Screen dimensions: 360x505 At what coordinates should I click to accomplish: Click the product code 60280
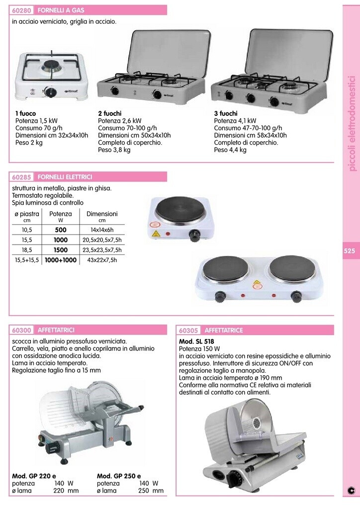(x=21, y=10)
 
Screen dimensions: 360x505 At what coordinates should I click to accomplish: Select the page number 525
(x=350, y=251)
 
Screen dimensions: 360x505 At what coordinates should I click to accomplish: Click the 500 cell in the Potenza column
(x=61, y=230)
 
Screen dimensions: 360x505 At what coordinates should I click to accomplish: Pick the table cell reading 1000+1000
(x=61, y=260)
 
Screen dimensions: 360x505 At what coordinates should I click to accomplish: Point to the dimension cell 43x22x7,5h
(x=102, y=260)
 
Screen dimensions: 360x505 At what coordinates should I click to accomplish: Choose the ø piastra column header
(x=27, y=214)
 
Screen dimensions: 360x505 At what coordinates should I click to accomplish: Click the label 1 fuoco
(x=25, y=113)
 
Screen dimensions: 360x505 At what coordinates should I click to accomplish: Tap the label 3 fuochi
(x=226, y=113)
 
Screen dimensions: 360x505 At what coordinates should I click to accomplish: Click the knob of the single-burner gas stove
(x=50, y=92)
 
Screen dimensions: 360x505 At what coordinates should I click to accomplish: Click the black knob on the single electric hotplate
(x=194, y=235)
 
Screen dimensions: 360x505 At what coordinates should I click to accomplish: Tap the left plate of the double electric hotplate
(x=226, y=268)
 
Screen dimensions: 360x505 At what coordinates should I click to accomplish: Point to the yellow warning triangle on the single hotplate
(x=156, y=234)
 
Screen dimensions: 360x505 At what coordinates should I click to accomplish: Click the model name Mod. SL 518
(x=196, y=341)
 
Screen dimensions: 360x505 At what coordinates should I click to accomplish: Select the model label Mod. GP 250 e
(x=119, y=476)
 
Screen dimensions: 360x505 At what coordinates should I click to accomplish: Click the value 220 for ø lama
(x=59, y=491)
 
